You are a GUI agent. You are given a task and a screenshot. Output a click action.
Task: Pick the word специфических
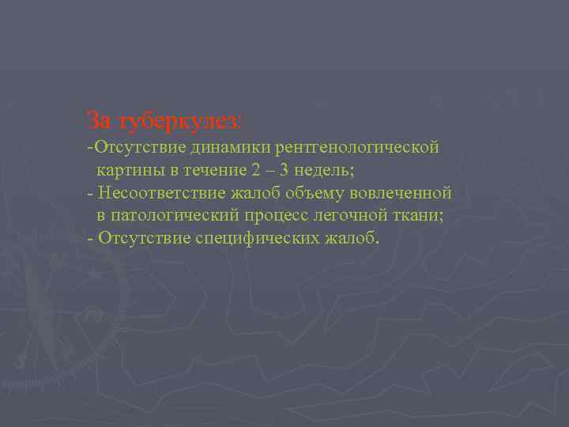252,238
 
